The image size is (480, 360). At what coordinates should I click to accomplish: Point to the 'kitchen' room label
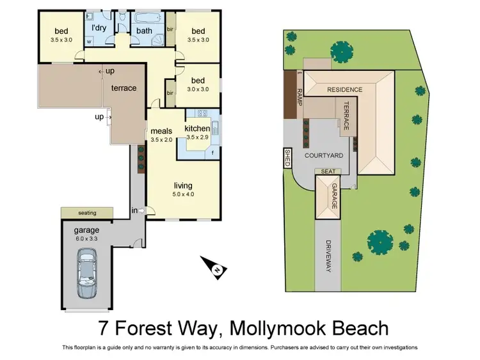(x=197, y=129)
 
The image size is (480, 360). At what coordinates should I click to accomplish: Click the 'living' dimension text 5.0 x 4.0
(x=183, y=194)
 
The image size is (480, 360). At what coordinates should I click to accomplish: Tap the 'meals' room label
(x=161, y=131)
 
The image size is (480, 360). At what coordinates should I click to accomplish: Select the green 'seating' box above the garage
(x=87, y=212)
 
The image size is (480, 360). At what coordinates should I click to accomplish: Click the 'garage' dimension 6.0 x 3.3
(x=86, y=238)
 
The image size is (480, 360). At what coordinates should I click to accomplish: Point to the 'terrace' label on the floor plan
(x=124, y=88)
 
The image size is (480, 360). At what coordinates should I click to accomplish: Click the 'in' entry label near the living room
(x=134, y=210)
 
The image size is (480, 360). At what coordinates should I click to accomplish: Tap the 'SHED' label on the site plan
(x=287, y=157)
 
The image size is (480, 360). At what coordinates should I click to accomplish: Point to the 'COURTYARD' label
(x=323, y=155)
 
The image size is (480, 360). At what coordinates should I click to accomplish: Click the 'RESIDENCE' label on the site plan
(x=344, y=90)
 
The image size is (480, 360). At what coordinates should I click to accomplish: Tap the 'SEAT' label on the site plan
(x=328, y=171)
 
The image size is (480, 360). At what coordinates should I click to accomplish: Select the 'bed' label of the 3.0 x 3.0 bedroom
(x=198, y=80)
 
